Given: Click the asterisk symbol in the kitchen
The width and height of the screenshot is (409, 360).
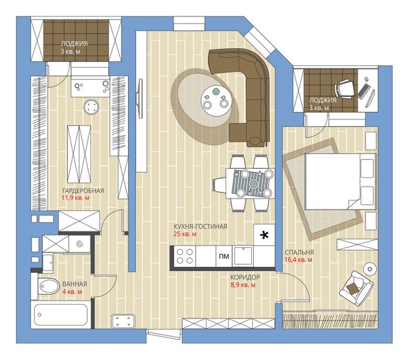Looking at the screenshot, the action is [x=265, y=235].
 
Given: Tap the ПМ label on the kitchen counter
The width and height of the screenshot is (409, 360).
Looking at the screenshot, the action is [x=224, y=256].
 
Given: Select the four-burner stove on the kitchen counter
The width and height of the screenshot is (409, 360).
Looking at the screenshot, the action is [x=185, y=256].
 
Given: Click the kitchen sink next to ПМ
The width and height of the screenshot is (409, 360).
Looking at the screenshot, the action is [x=243, y=256].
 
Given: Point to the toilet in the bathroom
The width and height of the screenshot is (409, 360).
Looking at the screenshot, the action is [x=48, y=286].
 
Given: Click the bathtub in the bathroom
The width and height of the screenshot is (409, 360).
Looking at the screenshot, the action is [x=61, y=315].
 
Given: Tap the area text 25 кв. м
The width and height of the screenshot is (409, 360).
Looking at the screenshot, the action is [x=185, y=234].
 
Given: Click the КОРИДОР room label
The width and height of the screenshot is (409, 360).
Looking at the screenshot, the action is [x=245, y=278].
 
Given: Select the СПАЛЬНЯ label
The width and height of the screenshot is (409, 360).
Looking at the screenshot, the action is [x=299, y=253].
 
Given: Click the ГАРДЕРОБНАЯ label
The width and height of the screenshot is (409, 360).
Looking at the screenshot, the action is [x=83, y=191].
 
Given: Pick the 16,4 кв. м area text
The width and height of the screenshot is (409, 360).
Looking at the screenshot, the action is [x=298, y=260].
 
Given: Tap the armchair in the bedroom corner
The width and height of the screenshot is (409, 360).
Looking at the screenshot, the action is [x=356, y=287].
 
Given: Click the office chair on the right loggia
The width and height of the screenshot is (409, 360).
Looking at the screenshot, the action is [x=345, y=88].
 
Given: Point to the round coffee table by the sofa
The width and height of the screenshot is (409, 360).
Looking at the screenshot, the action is [x=216, y=101].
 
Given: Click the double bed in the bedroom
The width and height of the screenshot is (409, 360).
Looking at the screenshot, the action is [x=340, y=181].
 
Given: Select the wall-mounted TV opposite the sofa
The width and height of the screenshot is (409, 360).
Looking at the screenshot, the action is [x=141, y=98].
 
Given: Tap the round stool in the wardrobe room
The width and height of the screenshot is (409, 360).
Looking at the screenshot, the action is [x=91, y=107].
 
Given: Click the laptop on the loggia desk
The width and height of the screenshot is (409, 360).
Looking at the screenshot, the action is [x=363, y=91].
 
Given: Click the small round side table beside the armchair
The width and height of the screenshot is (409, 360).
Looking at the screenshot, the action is [x=370, y=268].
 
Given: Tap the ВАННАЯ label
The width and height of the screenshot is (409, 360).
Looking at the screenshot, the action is [x=75, y=284].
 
